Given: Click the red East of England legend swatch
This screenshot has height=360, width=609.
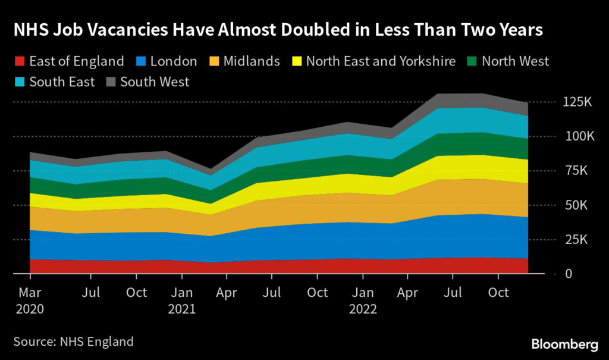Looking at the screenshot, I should pyautogui.click(x=18, y=61).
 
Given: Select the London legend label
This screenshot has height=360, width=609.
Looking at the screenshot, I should pyautogui.click(x=173, y=61).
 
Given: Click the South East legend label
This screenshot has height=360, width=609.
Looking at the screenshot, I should pyautogui.click(x=62, y=82).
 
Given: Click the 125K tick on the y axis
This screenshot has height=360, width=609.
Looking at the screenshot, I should pyautogui.click(x=577, y=102).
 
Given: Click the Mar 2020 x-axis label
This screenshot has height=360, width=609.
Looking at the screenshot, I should pyautogui.click(x=29, y=300).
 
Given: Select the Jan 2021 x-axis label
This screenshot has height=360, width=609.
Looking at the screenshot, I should pyautogui.click(x=182, y=300).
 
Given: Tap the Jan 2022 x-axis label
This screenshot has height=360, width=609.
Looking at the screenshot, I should pyautogui.click(x=363, y=300).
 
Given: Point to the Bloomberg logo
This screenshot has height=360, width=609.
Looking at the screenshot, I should pyautogui.click(x=564, y=344).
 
